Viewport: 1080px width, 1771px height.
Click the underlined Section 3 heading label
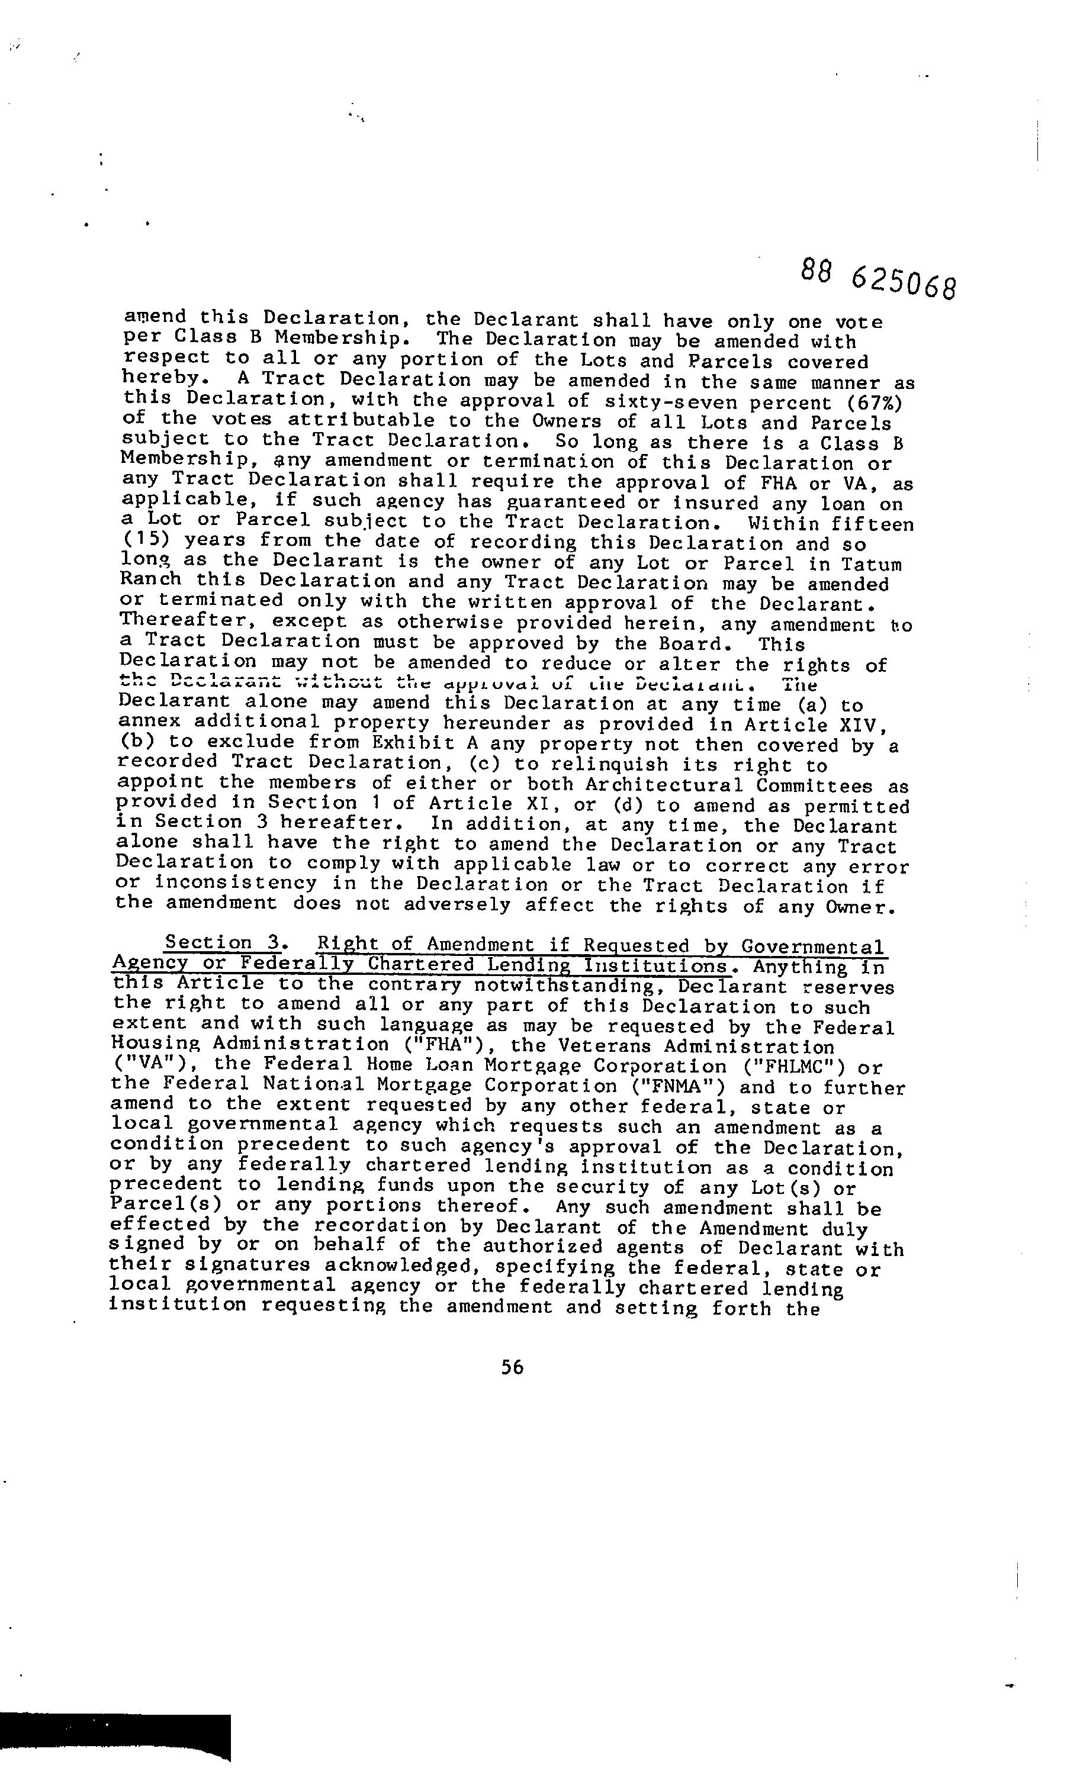point(221,942)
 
